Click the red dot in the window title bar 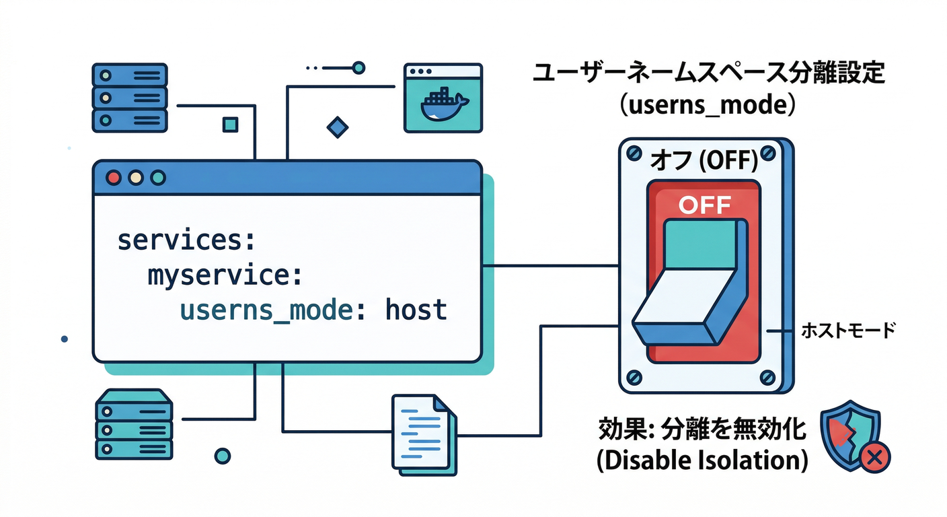click(114, 178)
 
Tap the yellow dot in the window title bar click(136, 178)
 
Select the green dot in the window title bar click(158, 178)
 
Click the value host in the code click(416, 310)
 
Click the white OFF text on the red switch click(704, 205)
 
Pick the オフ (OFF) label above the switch click(704, 162)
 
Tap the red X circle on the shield click(875, 458)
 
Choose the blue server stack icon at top click(128, 97)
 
